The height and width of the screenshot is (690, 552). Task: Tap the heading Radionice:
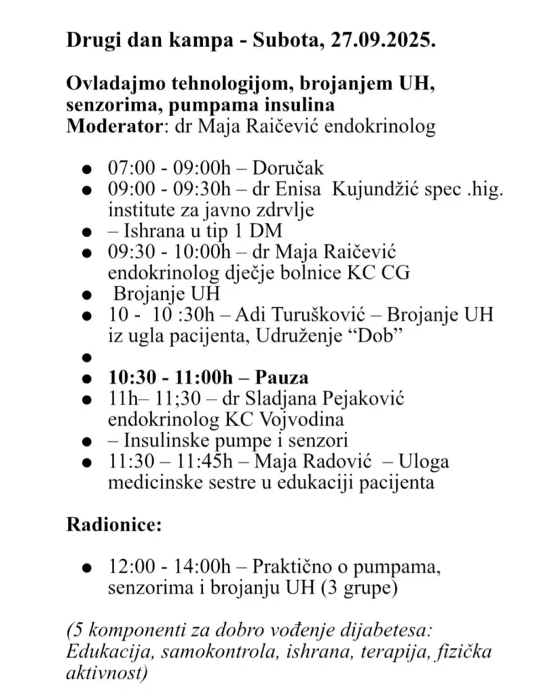113,525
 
